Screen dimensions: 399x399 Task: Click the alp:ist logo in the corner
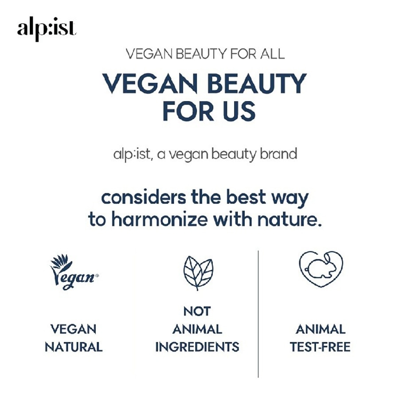pyautogui.click(x=47, y=29)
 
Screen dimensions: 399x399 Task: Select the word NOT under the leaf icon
pyautogui.click(x=197, y=312)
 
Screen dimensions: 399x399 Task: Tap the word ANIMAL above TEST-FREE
pyautogui.click(x=320, y=329)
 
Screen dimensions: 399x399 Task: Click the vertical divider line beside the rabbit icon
pyautogui.click(x=258, y=310)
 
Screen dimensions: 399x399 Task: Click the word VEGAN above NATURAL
pyautogui.click(x=74, y=329)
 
